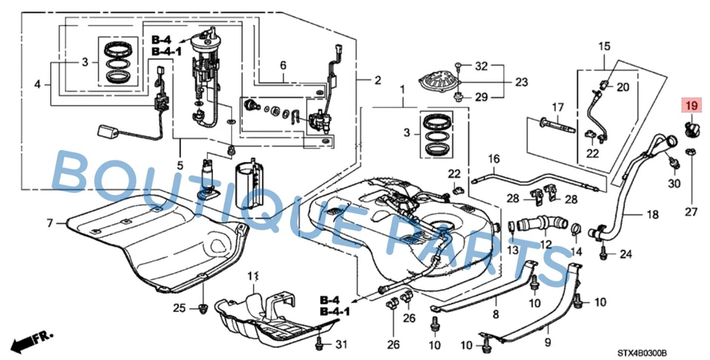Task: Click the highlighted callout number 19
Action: (691, 107)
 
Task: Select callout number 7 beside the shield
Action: (50, 223)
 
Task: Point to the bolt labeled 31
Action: (319, 344)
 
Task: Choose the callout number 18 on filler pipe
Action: (652, 215)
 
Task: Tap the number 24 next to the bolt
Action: (626, 255)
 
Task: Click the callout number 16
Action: (493, 158)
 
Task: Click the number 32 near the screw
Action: (481, 66)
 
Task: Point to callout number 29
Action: (481, 98)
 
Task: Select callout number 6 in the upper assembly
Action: (282, 65)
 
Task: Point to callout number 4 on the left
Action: (37, 85)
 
